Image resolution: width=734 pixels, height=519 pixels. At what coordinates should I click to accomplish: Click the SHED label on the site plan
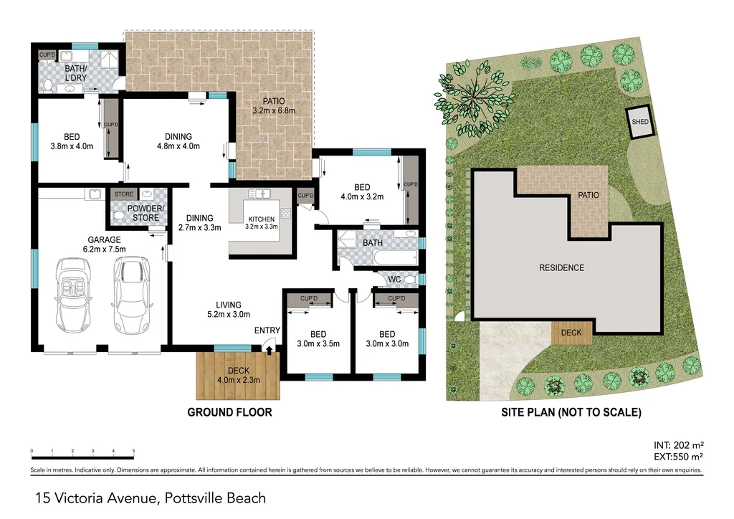tap(640, 122)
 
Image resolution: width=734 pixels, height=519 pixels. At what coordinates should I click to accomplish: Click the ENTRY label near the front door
tap(267, 330)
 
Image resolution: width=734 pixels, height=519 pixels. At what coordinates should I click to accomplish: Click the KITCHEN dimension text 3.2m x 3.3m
tap(261, 226)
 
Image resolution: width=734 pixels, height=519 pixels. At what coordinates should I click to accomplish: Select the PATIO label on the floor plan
tap(273, 101)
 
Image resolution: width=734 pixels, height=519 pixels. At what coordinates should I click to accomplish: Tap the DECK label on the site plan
tap(571, 333)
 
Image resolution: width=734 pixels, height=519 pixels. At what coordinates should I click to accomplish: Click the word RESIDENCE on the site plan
tap(561, 268)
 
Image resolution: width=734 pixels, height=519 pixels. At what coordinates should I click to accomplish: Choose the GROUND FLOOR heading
tap(229, 412)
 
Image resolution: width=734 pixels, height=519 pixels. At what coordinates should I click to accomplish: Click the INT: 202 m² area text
tap(677, 444)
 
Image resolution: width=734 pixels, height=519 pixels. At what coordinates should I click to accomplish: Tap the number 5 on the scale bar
tap(133, 451)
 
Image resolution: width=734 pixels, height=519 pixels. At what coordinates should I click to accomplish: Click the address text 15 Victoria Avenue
tap(97, 497)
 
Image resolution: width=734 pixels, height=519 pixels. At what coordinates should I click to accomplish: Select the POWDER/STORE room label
tap(146, 213)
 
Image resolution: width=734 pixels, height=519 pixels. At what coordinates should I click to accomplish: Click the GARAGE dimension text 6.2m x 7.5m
tap(104, 249)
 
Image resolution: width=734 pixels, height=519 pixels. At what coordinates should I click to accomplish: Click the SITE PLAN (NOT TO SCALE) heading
tap(571, 412)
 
